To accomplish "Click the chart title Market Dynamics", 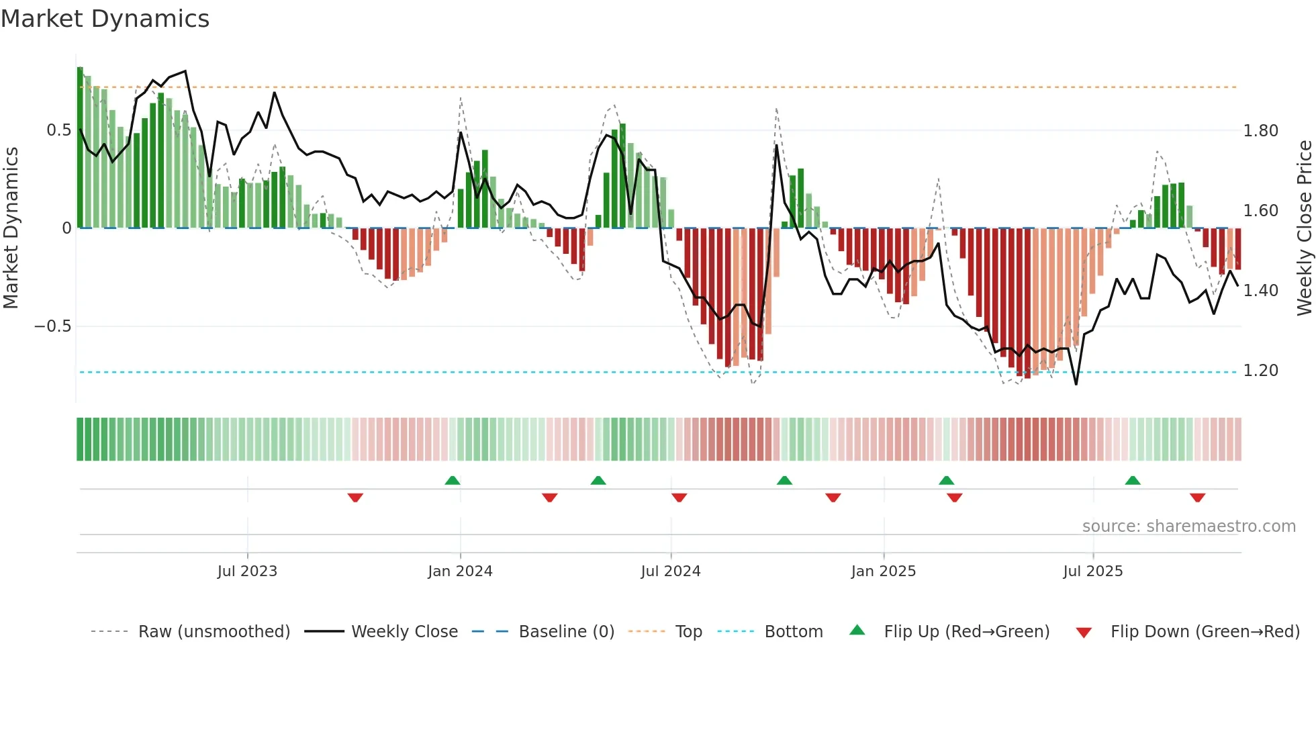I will (105, 19).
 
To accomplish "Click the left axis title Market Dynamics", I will (11, 228).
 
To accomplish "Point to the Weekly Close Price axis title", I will (1304, 228).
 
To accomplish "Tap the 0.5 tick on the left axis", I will (59, 130).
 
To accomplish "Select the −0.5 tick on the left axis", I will (53, 326).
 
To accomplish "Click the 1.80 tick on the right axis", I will (1260, 131).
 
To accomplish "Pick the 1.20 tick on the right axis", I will (1260, 371).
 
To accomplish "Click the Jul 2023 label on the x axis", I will (247, 571).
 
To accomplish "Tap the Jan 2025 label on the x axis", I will (883, 571).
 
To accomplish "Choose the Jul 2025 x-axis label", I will (1092, 571).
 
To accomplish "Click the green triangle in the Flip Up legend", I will (857, 631).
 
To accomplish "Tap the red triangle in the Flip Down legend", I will (1084, 633).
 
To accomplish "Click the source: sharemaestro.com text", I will (1188, 526).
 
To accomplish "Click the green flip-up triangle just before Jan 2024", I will (453, 481).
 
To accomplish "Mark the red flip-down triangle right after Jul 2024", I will (679, 498).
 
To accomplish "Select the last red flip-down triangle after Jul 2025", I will (1197, 498).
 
